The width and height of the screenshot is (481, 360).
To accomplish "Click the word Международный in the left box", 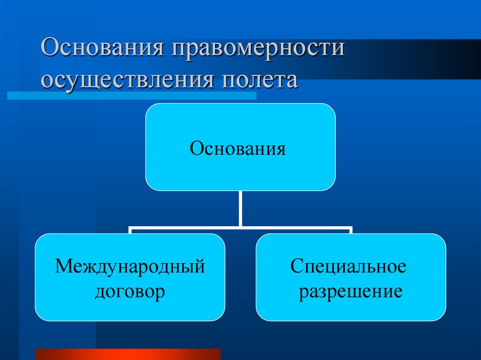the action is [130, 267].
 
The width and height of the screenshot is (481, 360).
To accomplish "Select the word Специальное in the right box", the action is [348, 267].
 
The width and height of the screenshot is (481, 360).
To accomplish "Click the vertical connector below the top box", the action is [240, 209].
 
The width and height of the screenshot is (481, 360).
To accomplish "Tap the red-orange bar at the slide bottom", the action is [127, 354].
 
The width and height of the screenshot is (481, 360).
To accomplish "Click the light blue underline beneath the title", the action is [132, 95].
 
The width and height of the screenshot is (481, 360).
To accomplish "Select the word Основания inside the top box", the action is [238, 150].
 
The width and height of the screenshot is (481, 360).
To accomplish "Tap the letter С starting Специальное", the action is [295, 267].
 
